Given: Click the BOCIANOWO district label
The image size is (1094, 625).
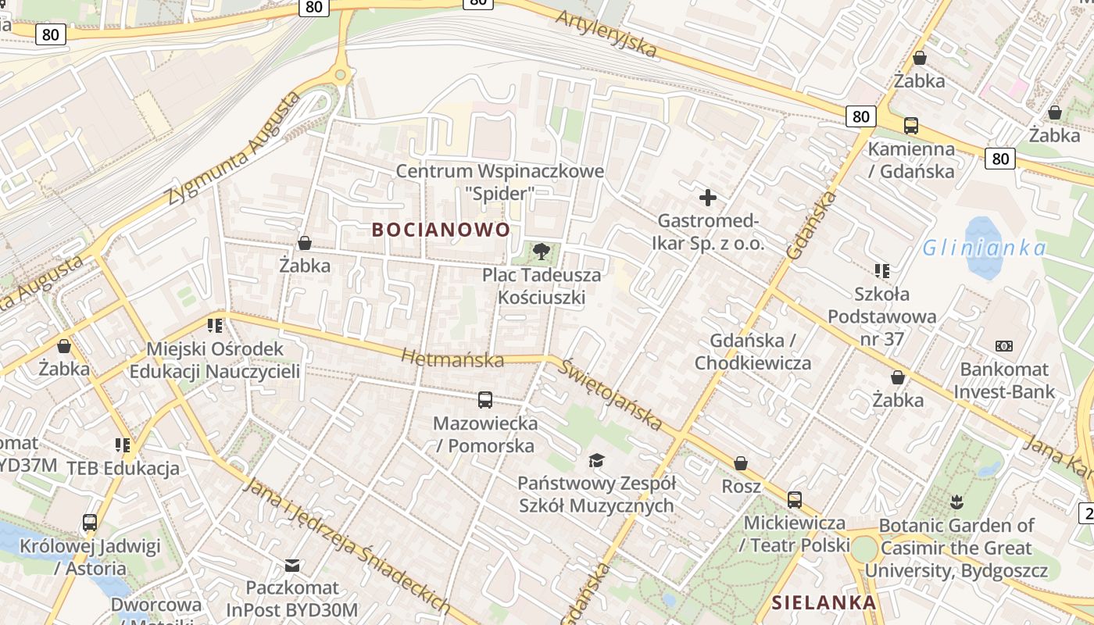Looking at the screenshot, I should tap(441, 230).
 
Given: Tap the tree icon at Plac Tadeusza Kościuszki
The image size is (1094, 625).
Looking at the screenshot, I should tap(540, 252).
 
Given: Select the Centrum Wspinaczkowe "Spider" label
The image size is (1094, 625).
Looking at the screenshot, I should tap(500, 181).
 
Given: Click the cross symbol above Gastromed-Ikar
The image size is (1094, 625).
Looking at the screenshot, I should tap(708, 198).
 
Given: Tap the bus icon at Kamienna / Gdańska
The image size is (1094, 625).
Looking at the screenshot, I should tap(910, 125).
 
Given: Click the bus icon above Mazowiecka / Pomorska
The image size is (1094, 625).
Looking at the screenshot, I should tap(485, 400).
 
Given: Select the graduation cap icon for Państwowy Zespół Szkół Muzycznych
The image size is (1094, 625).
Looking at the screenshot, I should tap(596, 460).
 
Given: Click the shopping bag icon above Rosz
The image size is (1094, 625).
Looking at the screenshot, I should tap(741, 463).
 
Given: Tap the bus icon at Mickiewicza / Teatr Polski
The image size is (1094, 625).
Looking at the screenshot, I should tap(795, 499).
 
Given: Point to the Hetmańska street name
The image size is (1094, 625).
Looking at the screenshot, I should tap(452, 359).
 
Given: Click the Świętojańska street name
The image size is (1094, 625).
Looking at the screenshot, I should tap(610, 395).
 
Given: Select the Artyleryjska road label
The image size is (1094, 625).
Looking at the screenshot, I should tap(606, 34).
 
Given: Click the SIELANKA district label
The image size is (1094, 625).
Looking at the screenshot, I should tap(824, 603).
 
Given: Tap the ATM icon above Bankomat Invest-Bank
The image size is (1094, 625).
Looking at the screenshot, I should tap(1003, 345).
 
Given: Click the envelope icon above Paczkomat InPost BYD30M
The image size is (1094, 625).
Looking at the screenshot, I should tap(292, 565).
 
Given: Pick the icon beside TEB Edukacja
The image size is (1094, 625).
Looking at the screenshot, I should tap(123, 445).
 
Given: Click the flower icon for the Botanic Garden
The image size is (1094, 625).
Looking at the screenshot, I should tap(956, 502).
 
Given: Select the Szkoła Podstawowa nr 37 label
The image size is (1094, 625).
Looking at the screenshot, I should tap(881, 316).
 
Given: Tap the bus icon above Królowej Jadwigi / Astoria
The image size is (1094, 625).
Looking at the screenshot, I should tap(90, 522).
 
